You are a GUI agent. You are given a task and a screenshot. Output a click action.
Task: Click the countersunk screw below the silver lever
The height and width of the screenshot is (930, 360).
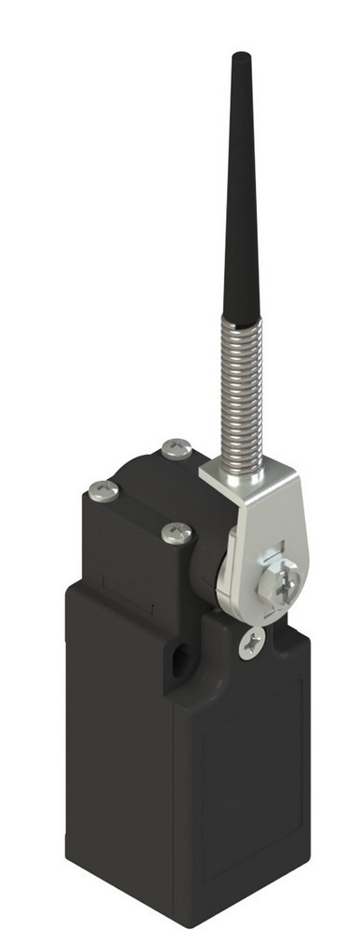click(250, 643)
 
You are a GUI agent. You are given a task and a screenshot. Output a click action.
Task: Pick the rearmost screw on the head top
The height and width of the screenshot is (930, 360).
click(177, 449)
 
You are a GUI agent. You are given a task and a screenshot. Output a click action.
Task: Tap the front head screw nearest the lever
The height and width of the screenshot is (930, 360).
click(176, 532)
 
